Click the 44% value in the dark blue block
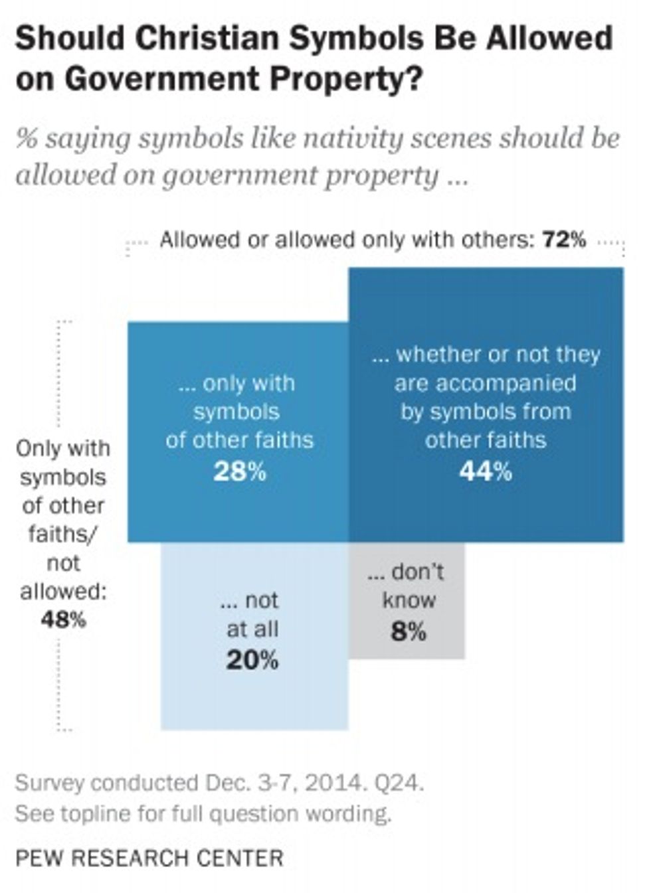click(x=486, y=472)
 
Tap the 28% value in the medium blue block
click(x=240, y=472)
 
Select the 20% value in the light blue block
click(x=252, y=661)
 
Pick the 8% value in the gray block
click(x=409, y=631)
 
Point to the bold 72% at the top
click(x=565, y=240)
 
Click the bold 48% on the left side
click(x=63, y=620)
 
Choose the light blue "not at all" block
click(x=254, y=697)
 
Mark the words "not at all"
click(x=252, y=614)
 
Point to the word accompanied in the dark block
click(x=486, y=383)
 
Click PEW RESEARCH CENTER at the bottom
click(x=149, y=858)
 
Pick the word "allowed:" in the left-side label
click(x=63, y=592)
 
